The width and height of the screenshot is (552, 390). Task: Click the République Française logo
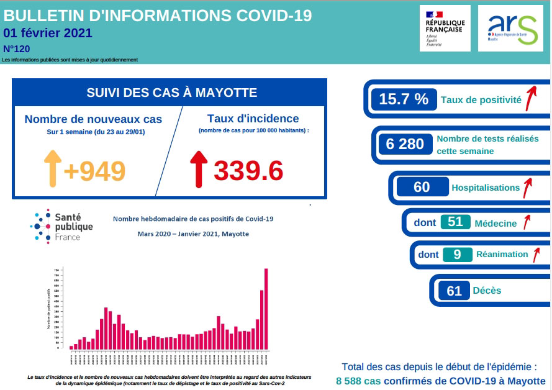(x=445, y=28)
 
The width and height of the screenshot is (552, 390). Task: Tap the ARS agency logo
(x=514, y=28)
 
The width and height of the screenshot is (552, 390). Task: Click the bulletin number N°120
(x=17, y=48)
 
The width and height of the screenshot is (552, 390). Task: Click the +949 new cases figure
(x=94, y=170)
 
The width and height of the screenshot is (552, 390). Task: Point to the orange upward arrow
(x=52, y=168)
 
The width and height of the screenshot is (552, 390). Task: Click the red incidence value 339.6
(x=248, y=170)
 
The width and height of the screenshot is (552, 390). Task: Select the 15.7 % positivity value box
(x=404, y=99)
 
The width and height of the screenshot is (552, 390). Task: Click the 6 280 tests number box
(x=405, y=144)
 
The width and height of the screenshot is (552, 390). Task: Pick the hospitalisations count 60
(x=422, y=187)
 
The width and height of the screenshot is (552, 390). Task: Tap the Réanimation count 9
(x=457, y=254)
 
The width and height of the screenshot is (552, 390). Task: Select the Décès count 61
(x=454, y=290)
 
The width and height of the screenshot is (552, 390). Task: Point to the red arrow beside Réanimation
(x=536, y=253)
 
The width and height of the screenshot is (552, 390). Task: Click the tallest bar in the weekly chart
(x=266, y=307)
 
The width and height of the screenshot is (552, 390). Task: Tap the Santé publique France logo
(x=62, y=225)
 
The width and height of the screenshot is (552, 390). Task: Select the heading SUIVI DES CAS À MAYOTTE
(x=171, y=93)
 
